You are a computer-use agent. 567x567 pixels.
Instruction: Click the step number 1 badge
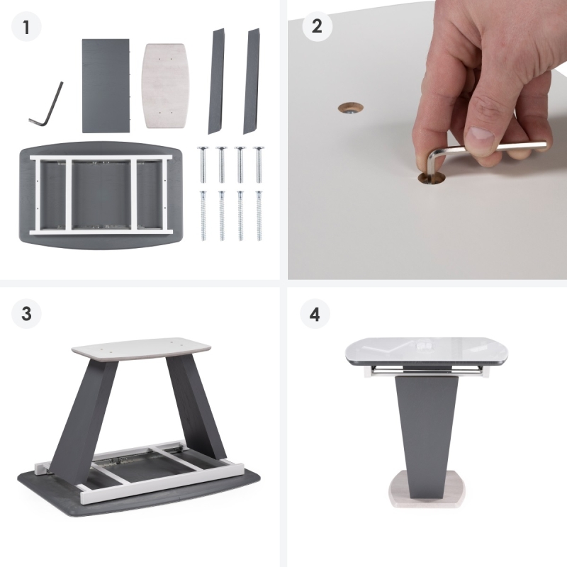click(x=26, y=27)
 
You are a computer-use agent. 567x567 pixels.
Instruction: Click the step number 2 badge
click(x=317, y=26)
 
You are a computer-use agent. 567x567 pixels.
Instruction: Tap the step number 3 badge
click(x=26, y=313)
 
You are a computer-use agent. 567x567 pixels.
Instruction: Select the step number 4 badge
click(x=315, y=313)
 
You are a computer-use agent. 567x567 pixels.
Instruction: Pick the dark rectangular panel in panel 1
click(x=106, y=86)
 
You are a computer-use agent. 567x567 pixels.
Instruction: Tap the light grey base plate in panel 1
click(x=166, y=86)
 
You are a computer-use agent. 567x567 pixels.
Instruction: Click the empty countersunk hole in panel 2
click(x=350, y=108)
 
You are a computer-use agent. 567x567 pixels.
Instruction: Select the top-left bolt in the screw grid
click(x=203, y=164)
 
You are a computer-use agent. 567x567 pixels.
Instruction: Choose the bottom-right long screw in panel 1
click(x=259, y=215)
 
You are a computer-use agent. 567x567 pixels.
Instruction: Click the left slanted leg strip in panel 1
click(x=216, y=82)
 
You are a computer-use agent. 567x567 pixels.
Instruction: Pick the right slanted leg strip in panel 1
click(x=252, y=82)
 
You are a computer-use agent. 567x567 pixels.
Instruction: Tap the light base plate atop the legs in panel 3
click(x=141, y=349)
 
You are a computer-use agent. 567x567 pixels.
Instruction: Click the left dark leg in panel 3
click(x=83, y=420)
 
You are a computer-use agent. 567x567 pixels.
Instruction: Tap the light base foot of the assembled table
click(x=427, y=489)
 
